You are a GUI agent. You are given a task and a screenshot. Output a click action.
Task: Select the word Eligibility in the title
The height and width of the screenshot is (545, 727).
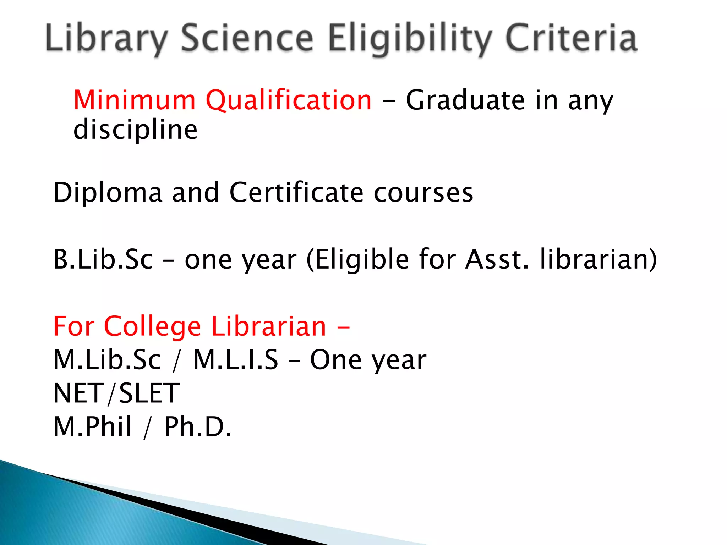pos(410,38)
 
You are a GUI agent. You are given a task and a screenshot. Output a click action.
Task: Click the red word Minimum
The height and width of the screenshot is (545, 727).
pos(135,100)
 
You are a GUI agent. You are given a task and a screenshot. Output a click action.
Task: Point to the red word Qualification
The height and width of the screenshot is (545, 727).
pos(289,101)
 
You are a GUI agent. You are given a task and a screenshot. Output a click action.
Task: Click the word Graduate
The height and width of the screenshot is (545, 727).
pos(465,100)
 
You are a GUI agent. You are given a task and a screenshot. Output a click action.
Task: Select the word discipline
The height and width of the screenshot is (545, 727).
pos(135,130)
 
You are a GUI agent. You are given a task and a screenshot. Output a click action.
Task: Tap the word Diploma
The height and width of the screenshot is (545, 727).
pos(108,193)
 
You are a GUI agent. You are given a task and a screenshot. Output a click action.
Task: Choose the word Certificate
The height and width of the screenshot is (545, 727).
pos(296,192)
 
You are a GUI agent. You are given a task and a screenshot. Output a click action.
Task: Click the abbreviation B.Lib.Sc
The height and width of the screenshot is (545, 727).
pos(103,259)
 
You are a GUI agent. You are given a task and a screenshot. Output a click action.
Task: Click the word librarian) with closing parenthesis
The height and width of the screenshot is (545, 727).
pos(598,259)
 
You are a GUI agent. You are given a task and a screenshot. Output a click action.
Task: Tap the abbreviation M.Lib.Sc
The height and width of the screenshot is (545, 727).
pos(107,360)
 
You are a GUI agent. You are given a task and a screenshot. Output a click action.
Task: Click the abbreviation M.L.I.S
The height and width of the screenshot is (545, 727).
pos(236,360)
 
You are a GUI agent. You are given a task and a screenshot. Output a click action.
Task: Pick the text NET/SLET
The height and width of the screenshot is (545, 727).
pos(116,393)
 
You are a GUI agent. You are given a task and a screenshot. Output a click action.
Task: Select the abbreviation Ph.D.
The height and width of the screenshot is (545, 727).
pos(198,426)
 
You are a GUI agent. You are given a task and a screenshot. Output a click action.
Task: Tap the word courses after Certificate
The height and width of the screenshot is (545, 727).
pos(423,193)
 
